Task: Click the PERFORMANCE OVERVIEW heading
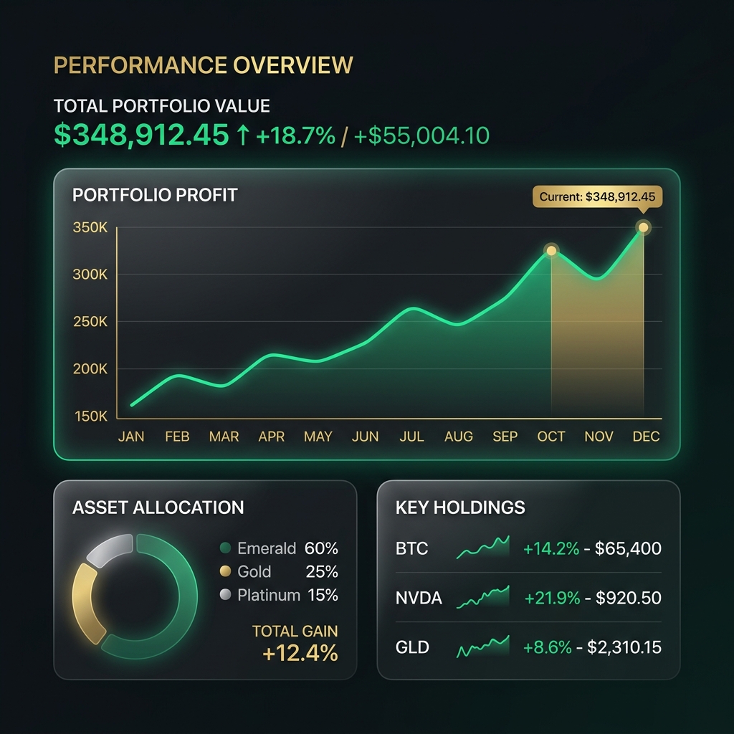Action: pos(204,65)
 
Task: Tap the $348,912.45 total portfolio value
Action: pos(141,135)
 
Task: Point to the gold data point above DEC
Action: pos(644,228)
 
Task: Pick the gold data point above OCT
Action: pos(551,250)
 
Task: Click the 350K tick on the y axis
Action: pos(90,228)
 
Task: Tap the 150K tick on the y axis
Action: pos(90,416)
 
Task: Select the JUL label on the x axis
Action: pos(411,437)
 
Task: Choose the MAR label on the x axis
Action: pos(224,437)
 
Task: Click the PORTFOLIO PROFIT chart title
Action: pos(155,195)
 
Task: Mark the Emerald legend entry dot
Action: pos(225,549)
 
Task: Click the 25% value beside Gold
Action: pos(322,572)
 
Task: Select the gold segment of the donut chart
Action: pos(85,602)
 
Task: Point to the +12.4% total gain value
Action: pos(300,654)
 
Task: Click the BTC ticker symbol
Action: pos(411,549)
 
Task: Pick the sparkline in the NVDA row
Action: pos(483,597)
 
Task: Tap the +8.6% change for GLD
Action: pos(548,647)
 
